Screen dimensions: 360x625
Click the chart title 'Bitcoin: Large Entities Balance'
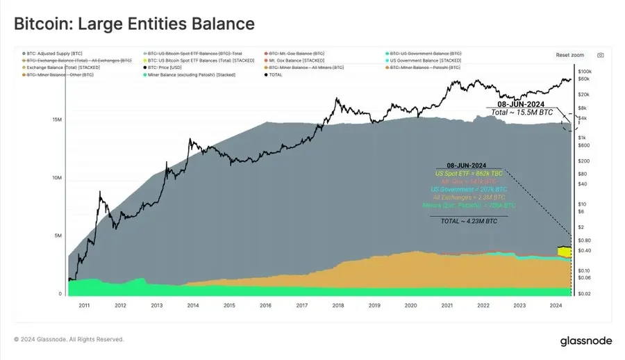pos(134,23)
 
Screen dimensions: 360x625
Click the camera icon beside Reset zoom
pos(601,55)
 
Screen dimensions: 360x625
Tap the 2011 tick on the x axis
pos(83,305)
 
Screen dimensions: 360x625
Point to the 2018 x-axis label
pos(338,305)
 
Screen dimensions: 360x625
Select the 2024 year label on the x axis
pos(556,305)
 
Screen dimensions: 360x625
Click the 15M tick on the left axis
pos(57,120)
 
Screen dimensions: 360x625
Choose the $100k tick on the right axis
pos(585,72)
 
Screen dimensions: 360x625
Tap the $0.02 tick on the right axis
pos(585,295)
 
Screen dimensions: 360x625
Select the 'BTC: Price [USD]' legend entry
pos(171,67)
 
